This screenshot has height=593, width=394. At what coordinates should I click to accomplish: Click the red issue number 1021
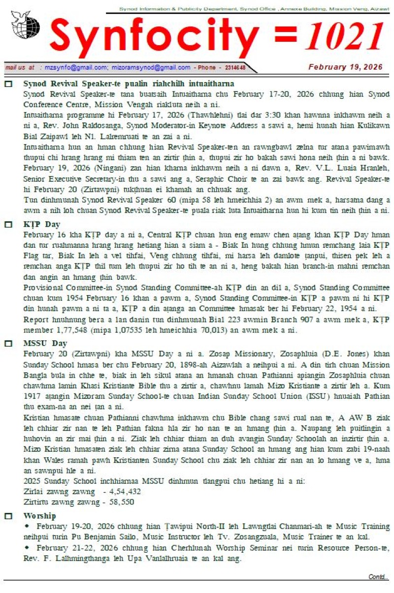tap(344, 38)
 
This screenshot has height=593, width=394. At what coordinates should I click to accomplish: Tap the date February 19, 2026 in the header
tap(345, 67)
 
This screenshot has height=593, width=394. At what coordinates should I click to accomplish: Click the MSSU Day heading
tap(45, 343)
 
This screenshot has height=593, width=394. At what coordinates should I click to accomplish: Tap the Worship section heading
tap(39, 516)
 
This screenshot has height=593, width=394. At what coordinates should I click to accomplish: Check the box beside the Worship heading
tap(8, 516)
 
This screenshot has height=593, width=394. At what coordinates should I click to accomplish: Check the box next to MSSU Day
tap(8, 344)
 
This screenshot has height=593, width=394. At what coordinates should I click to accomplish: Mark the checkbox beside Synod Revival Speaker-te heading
tap(8, 84)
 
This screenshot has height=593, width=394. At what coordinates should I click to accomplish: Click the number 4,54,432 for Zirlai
tap(125, 491)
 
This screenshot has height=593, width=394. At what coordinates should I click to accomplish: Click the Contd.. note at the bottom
tap(378, 577)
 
